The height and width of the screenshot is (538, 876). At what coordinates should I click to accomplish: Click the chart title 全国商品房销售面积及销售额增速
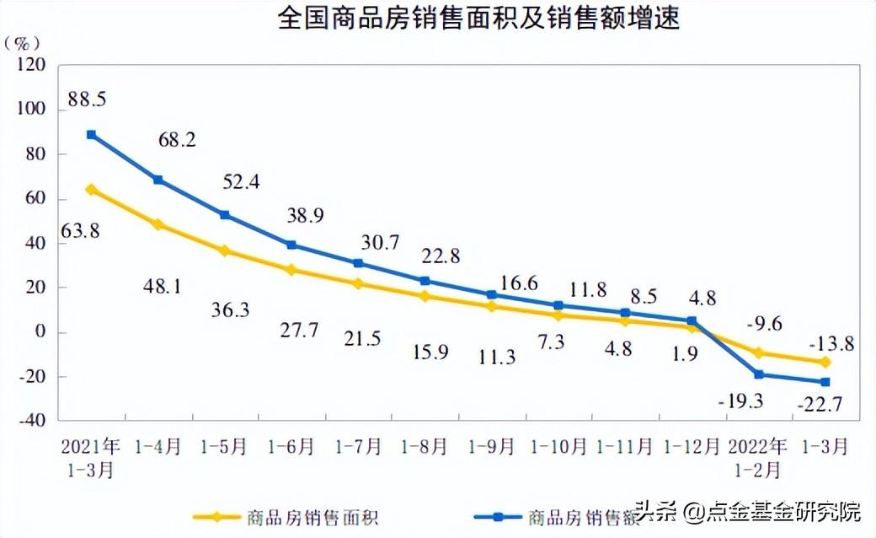point(478,19)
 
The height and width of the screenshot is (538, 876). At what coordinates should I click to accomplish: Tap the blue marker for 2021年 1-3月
point(91,135)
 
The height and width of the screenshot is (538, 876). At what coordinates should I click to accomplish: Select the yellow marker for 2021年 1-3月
point(91,190)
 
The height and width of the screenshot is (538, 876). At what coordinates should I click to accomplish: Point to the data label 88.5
point(87,100)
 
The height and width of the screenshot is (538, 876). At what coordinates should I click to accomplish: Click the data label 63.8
point(80,229)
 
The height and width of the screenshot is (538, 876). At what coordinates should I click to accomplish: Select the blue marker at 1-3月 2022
point(825,382)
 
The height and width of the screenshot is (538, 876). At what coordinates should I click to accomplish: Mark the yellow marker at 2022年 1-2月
point(758,352)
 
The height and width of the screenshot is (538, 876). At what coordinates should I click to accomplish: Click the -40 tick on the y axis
point(31,421)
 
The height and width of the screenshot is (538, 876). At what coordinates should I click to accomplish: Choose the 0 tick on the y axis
point(39,332)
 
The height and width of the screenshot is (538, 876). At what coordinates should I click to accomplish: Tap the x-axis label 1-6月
point(291,446)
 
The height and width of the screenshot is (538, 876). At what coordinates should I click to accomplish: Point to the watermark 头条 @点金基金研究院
point(748,511)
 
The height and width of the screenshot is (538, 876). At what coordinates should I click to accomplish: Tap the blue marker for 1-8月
point(425,281)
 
